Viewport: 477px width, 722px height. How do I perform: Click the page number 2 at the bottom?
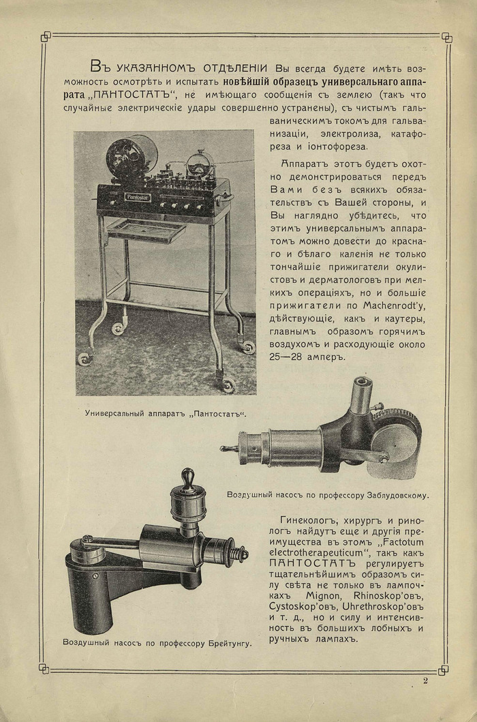pos(425,680)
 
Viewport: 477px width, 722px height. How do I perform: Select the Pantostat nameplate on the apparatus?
pos(138,197)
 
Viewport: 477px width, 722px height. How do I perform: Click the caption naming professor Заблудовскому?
pos(331,494)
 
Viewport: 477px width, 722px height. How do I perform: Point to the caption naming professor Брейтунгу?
pos(157,642)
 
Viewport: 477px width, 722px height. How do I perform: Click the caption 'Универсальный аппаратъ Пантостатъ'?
pos(165,412)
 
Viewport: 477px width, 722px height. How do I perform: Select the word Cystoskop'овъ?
pos(302,601)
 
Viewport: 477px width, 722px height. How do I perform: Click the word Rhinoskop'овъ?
pos(361,589)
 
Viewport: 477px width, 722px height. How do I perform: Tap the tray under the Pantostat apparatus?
pos(146,230)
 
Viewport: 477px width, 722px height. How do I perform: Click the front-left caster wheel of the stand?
pos(85,359)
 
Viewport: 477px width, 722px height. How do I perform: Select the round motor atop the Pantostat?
pos(130,156)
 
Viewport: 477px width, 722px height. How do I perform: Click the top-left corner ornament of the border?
pos(46,36)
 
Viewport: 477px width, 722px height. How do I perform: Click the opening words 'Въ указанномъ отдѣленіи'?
pos(181,67)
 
